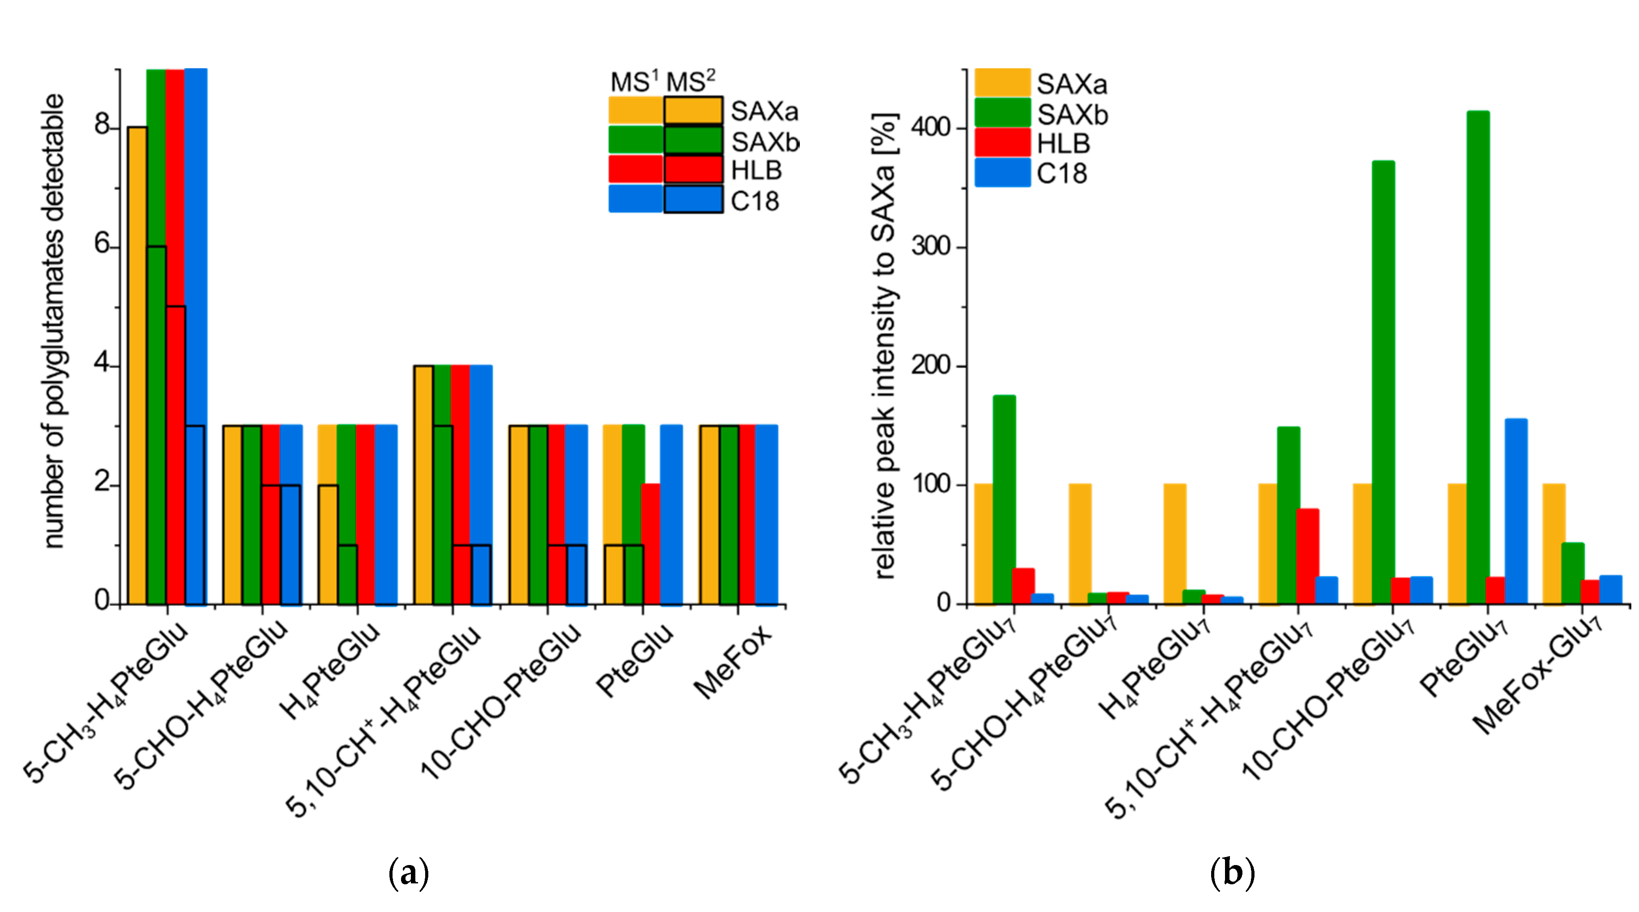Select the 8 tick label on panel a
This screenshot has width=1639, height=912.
pyautogui.click(x=102, y=125)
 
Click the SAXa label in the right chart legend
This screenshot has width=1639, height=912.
pyautogui.click(x=1072, y=84)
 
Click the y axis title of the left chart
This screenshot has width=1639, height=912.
pyautogui.click(x=54, y=321)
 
